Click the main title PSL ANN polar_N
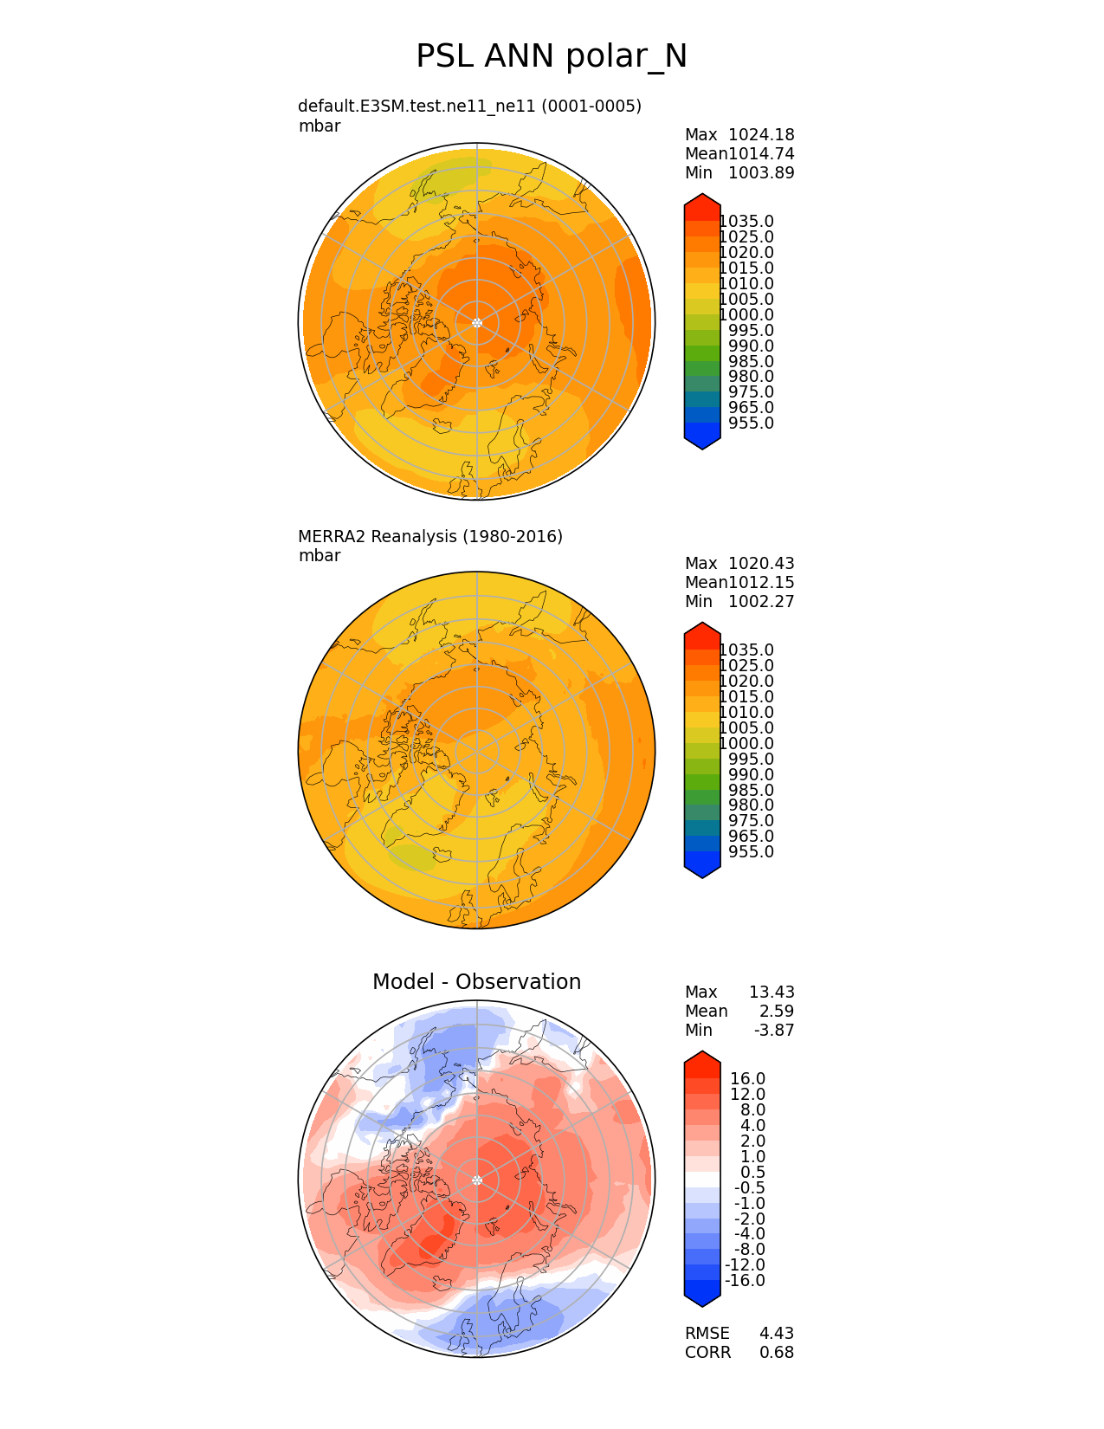coord(552,56)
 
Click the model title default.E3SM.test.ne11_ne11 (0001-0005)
coord(469,107)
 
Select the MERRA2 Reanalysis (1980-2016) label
coord(430,537)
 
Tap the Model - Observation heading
coord(476,982)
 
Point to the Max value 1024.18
coord(761,135)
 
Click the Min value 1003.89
coord(761,173)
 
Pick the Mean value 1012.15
coord(761,583)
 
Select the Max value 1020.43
coord(761,564)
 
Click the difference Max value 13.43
coord(772,993)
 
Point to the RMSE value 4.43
coord(776,1334)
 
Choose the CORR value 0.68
coord(776,1353)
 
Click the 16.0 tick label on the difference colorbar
coord(747,1079)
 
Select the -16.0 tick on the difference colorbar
coord(745,1281)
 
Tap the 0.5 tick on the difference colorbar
coord(752,1173)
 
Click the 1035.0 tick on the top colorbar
coord(746,222)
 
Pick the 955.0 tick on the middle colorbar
coord(751,852)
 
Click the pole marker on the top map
coord(477,323)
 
